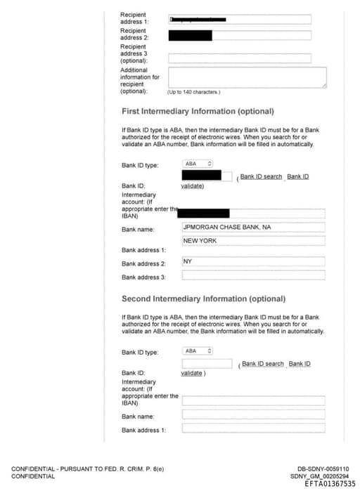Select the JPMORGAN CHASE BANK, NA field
coord(253,228)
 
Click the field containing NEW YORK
coord(253,241)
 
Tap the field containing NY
coord(253,261)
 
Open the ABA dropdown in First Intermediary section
coord(198,164)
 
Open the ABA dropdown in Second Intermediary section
coord(198,351)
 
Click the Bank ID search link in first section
coord(261,176)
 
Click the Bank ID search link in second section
coord(263,364)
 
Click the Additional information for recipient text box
coord(247,77)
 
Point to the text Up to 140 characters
coord(193,92)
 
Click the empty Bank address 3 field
coord(253,275)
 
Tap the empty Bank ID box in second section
coord(207,364)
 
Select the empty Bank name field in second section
coord(253,414)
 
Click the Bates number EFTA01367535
coord(330,484)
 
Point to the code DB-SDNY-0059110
coord(323,469)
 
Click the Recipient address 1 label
coord(134,18)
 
